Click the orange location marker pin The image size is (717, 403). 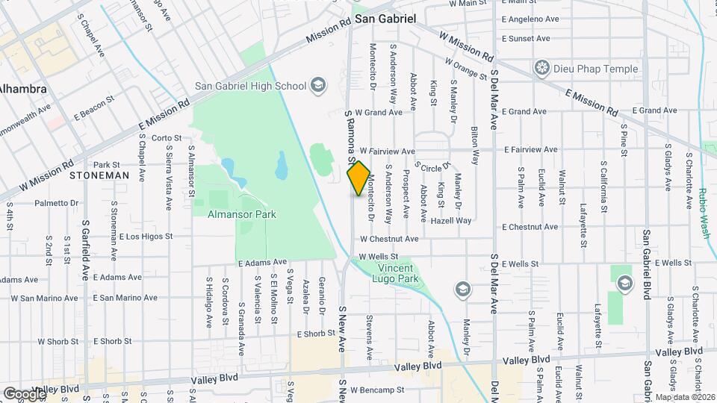[358, 178]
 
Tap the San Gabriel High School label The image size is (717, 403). [250, 85]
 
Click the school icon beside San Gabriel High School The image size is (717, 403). [319, 84]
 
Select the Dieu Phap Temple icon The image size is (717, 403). [543, 69]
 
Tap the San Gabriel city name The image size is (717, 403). [385, 18]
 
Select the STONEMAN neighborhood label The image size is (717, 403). [99, 176]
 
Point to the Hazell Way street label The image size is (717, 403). [451, 221]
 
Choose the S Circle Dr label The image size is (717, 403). [432, 166]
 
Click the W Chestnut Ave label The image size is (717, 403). [388, 240]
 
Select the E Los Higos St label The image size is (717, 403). [146, 237]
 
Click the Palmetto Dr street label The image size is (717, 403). [50, 202]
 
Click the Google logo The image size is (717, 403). [24, 393]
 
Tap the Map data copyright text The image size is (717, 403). [685, 397]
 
